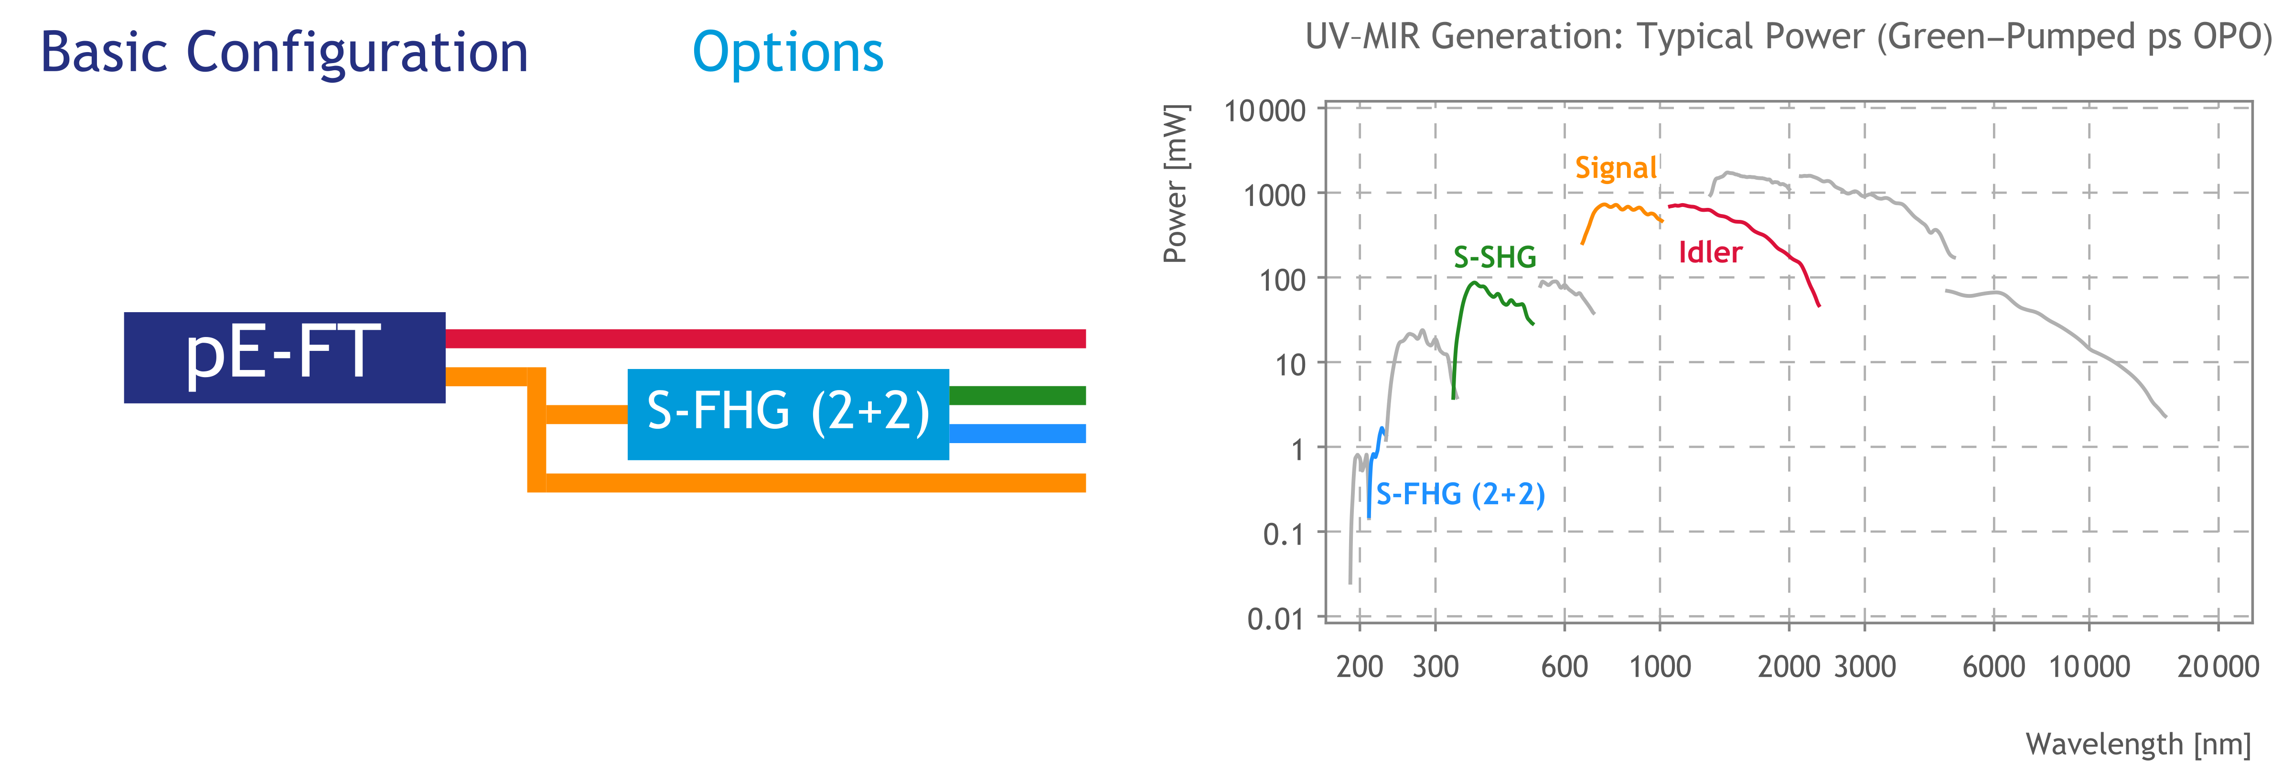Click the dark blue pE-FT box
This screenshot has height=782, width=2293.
284,357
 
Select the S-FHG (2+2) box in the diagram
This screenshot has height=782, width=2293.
788,414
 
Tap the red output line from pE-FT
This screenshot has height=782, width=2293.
765,338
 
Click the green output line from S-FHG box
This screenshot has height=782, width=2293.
1017,395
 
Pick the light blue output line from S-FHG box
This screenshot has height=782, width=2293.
1017,434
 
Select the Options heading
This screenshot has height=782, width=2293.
788,52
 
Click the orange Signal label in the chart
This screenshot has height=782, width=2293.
1616,167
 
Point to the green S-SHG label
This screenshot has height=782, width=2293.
1495,258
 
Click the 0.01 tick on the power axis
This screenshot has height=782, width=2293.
1275,618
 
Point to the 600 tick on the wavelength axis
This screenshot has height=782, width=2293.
1564,666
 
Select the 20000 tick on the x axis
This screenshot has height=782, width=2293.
2218,666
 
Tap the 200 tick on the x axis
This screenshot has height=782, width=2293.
1359,666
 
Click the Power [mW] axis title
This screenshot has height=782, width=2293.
1175,184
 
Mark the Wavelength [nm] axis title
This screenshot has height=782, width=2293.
2138,744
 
